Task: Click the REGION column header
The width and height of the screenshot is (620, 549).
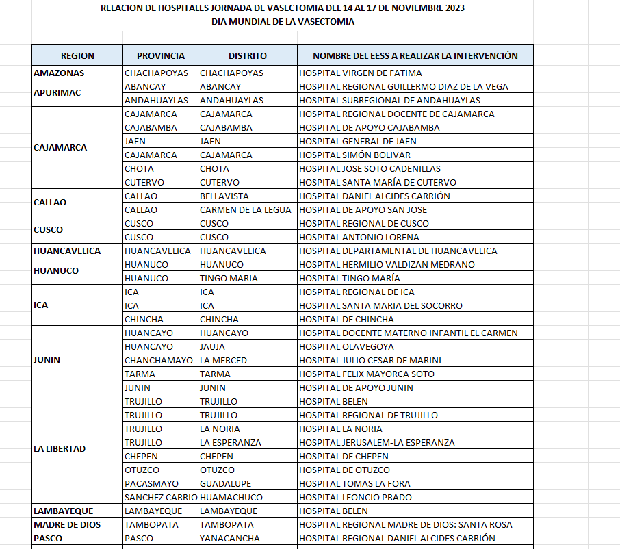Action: tap(77, 55)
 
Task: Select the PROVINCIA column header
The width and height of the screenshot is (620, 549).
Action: tap(161, 55)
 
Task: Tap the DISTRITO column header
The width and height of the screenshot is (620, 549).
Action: tap(248, 55)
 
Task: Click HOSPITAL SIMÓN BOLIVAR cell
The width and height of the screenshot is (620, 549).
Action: tap(355, 155)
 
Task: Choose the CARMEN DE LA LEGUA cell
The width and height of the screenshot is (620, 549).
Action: tap(246, 209)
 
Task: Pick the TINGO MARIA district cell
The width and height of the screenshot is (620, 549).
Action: tap(229, 278)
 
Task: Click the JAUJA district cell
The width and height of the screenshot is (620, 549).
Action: tap(212, 346)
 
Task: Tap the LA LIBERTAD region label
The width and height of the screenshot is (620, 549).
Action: tap(60, 449)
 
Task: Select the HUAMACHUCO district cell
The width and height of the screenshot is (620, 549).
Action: tap(231, 497)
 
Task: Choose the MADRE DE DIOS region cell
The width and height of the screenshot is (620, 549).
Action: tap(67, 524)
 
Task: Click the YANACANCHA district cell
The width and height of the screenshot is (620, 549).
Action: tap(230, 538)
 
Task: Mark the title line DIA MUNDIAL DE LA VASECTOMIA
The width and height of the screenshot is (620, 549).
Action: tap(283, 21)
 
